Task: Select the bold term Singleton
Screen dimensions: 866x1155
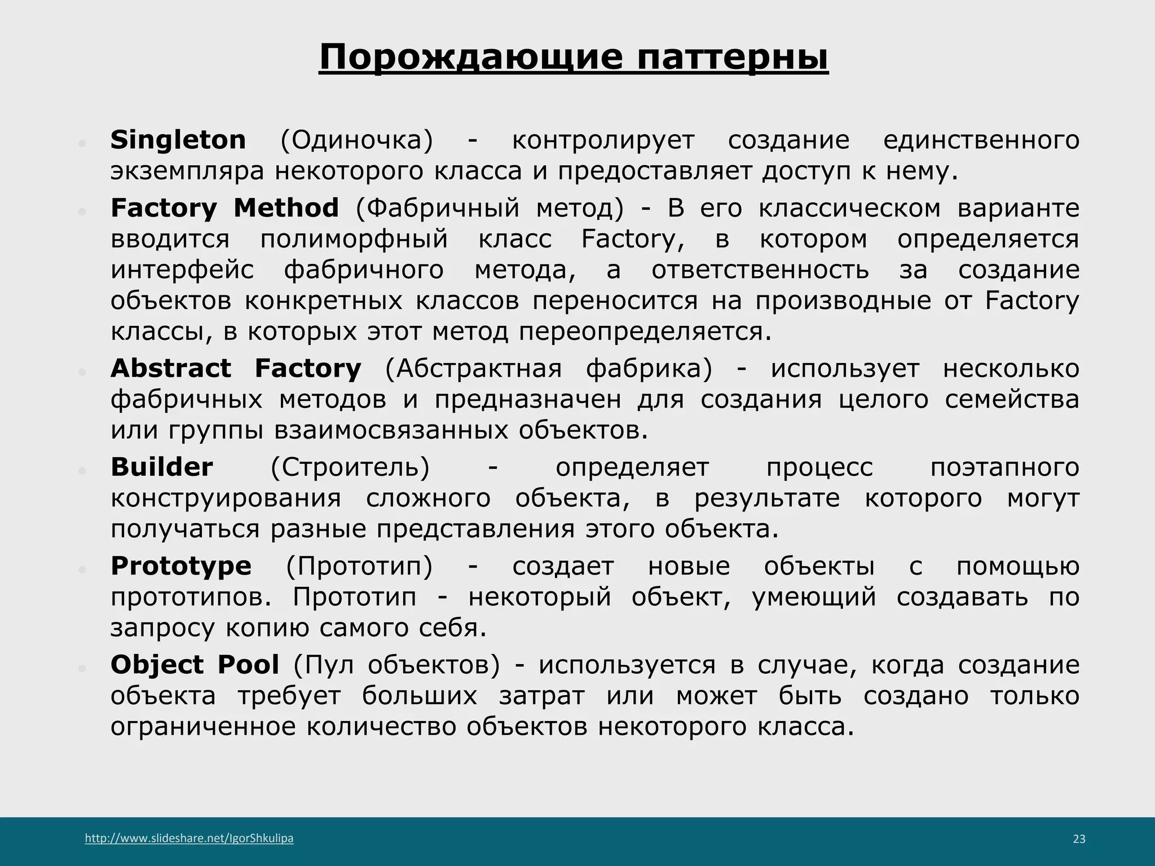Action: point(178,139)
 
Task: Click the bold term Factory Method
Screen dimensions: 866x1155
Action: point(224,207)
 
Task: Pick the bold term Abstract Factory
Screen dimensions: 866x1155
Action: point(236,368)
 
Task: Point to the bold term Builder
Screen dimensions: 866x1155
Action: point(162,467)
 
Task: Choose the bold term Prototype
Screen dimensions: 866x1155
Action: point(181,565)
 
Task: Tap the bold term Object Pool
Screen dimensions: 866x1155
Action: point(195,664)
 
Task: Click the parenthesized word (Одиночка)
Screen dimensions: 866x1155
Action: point(356,140)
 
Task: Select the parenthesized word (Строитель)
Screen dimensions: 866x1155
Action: point(350,467)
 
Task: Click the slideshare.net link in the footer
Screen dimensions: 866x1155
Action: point(189,838)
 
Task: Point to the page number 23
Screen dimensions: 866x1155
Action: point(1079,839)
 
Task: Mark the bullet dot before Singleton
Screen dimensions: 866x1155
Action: point(82,144)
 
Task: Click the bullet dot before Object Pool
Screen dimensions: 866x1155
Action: point(82,669)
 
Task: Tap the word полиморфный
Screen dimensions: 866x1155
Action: point(354,239)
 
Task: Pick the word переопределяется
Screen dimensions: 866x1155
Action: point(645,332)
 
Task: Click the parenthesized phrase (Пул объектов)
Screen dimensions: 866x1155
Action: point(396,665)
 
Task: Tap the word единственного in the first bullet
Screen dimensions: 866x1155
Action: point(981,140)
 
